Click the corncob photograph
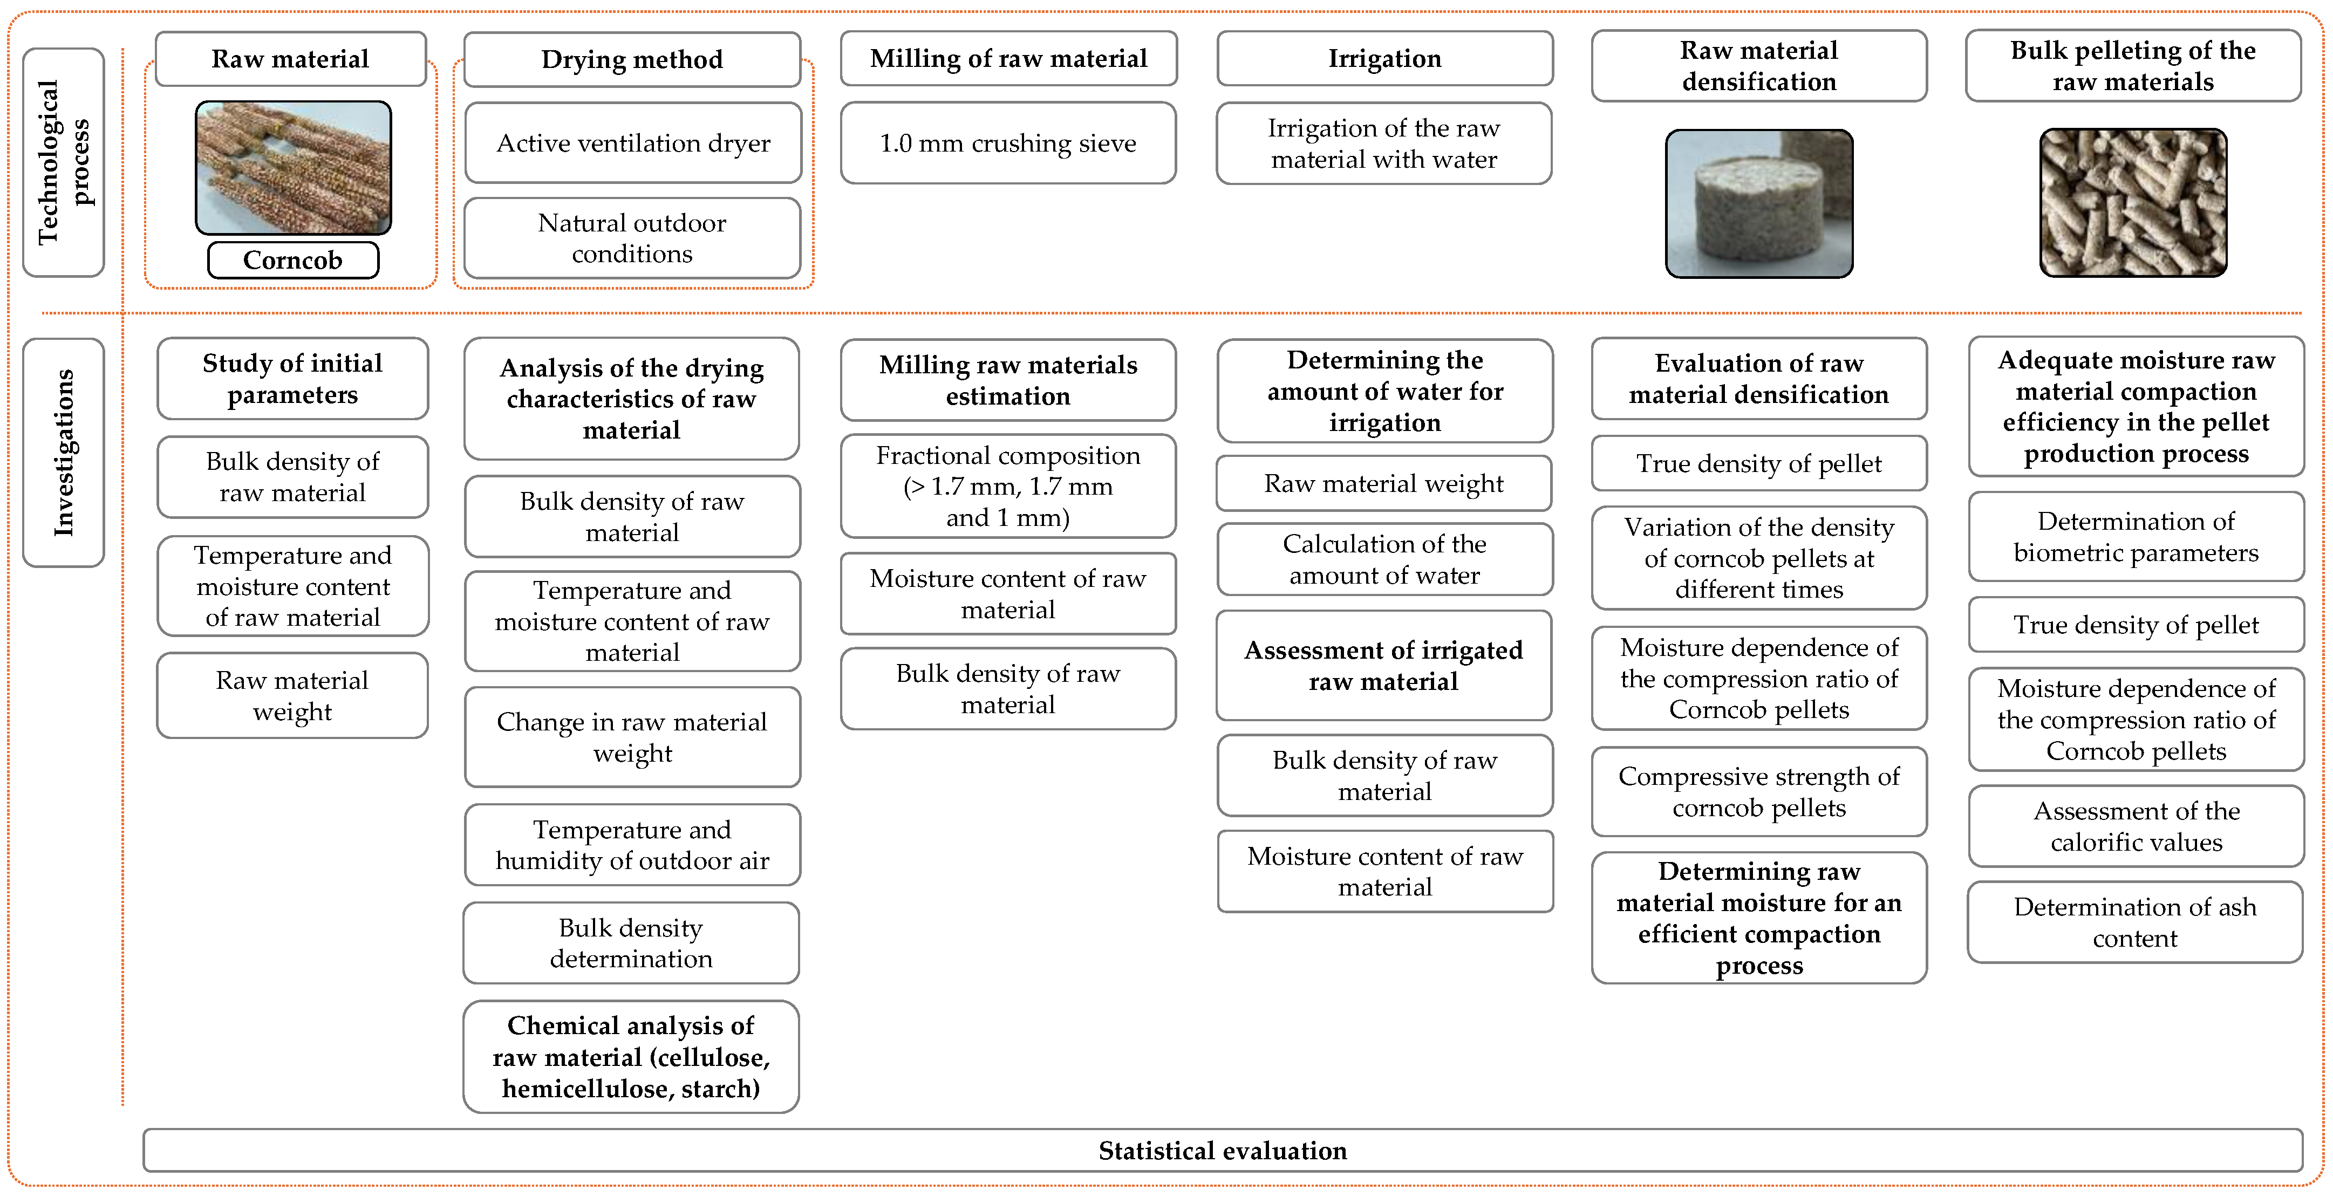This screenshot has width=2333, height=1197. (294, 168)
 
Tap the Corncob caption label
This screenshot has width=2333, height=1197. (292, 261)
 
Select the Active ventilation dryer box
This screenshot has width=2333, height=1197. (633, 143)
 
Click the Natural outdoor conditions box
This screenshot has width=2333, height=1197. (632, 238)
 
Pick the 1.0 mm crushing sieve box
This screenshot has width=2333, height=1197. (1008, 143)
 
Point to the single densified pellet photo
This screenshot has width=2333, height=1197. (1759, 204)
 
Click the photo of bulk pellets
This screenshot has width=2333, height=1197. (2133, 203)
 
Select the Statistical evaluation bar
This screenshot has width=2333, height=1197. (1223, 1151)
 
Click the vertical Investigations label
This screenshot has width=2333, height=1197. (64, 453)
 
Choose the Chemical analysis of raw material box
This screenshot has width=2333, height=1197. (631, 1057)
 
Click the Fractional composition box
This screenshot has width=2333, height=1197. (1008, 486)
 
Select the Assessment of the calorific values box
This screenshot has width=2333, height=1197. (2136, 826)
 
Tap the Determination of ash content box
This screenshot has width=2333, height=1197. (2134, 922)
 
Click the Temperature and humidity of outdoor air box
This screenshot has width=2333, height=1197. (632, 845)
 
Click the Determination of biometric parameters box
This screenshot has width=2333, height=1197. (2136, 537)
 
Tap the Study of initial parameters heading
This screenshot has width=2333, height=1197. (292, 379)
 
